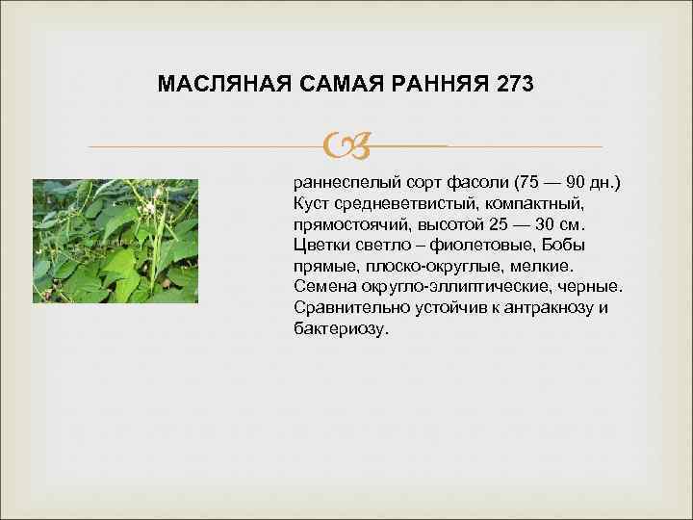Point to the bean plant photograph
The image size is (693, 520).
[115, 241]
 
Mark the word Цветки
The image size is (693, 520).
[323, 246]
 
